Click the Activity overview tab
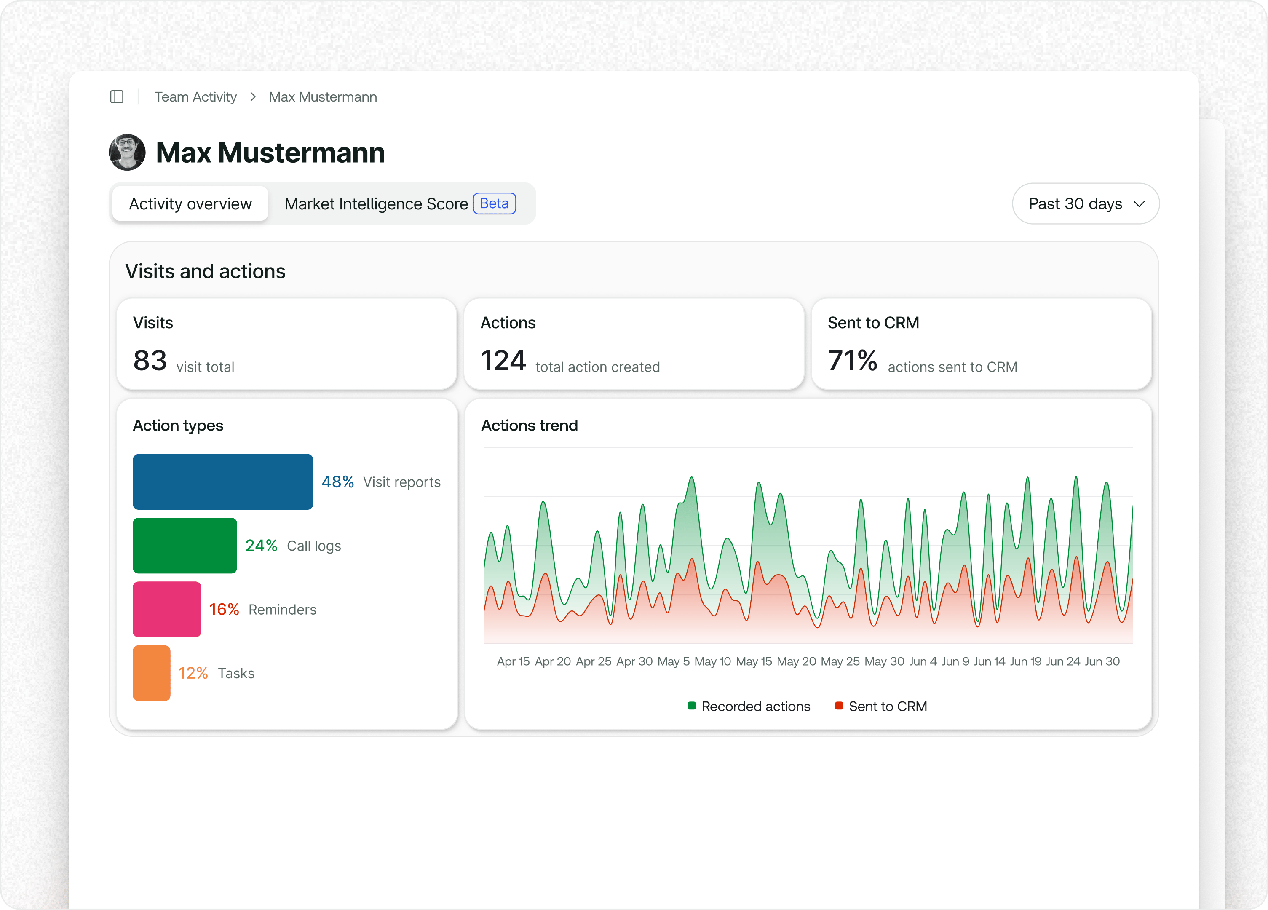tap(190, 204)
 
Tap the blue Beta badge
tap(494, 203)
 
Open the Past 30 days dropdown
tap(1086, 203)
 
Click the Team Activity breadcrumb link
tap(196, 97)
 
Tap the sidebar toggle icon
tap(117, 97)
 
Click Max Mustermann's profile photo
tap(128, 152)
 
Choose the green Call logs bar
tap(185, 546)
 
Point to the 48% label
tap(338, 482)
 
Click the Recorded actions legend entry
tap(749, 707)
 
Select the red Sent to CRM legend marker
tap(839, 706)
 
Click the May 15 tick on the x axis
tap(754, 662)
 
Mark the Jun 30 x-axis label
tap(1102, 662)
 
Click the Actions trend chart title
tap(530, 426)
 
